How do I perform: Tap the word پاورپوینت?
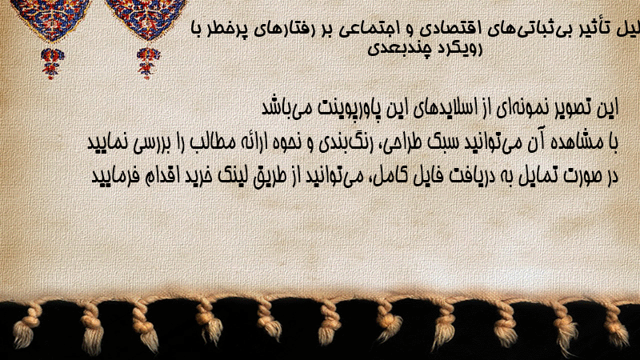click(346, 109)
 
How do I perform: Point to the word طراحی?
click(403, 143)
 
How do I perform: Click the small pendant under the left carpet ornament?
click(52, 63)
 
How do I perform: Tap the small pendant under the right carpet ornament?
click(149, 63)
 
